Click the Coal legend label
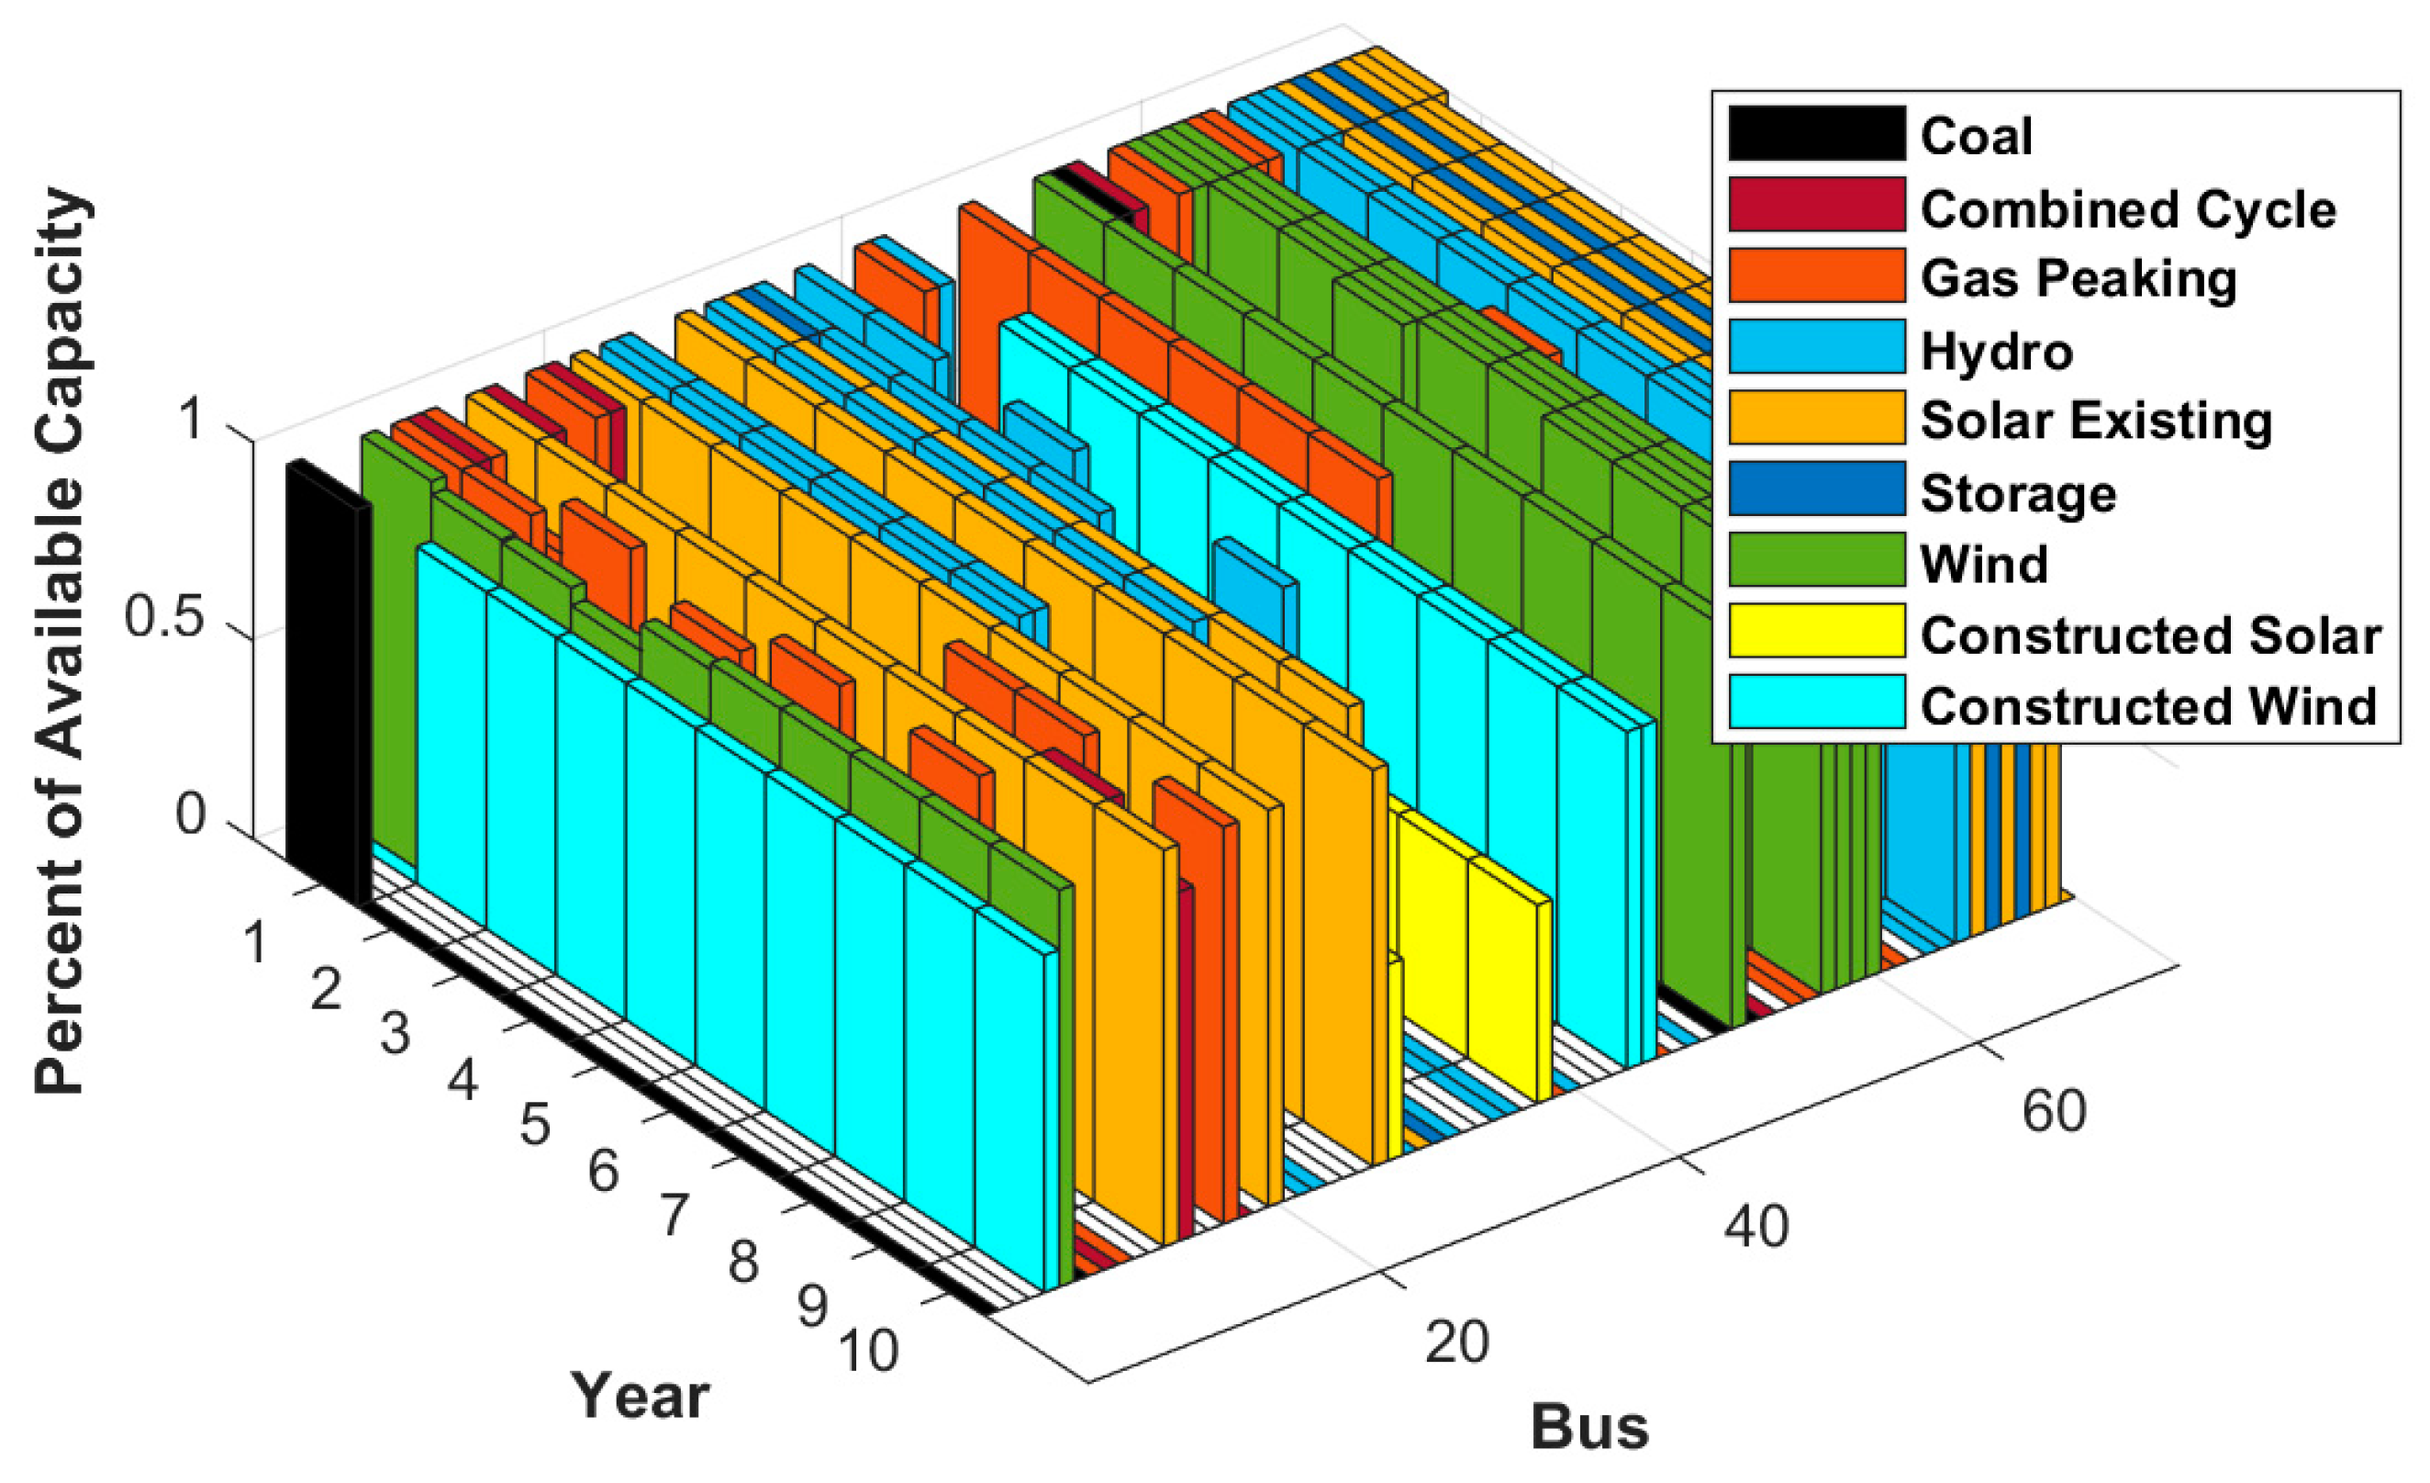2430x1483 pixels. [1976, 135]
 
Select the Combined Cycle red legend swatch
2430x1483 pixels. [1817, 205]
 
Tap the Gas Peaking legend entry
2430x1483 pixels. [2078, 278]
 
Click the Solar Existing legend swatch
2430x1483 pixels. [1817, 418]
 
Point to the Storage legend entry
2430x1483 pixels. [2018, 492]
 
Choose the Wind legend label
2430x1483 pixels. [1984, 564]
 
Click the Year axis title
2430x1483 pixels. [640, 1396]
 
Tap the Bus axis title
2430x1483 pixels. [1589, 1427]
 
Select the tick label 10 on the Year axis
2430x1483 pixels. [869, 1351]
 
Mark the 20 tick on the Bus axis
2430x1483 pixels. [1456, 1342]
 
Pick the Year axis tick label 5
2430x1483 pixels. [536, 1125]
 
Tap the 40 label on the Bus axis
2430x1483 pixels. [1756, 1228]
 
